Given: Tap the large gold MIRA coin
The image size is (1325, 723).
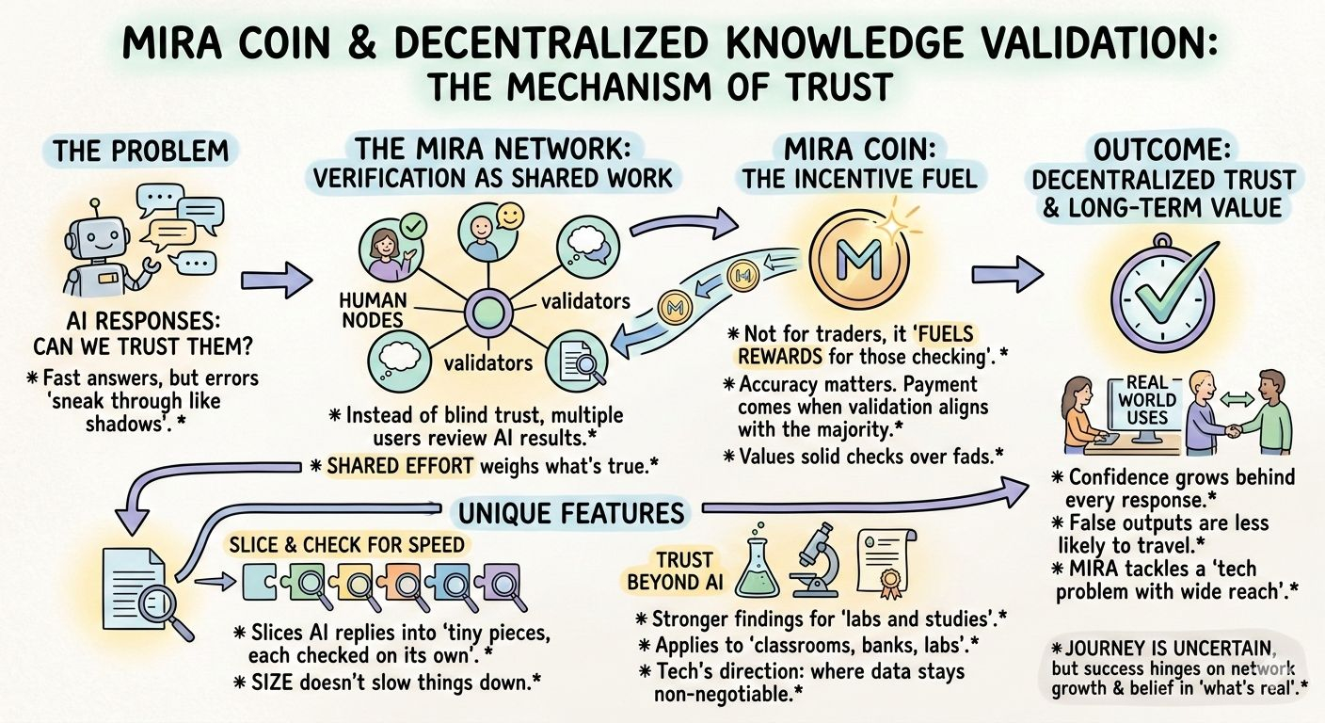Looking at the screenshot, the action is point(859,253).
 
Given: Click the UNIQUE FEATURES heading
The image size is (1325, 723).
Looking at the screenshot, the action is point(571,513).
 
